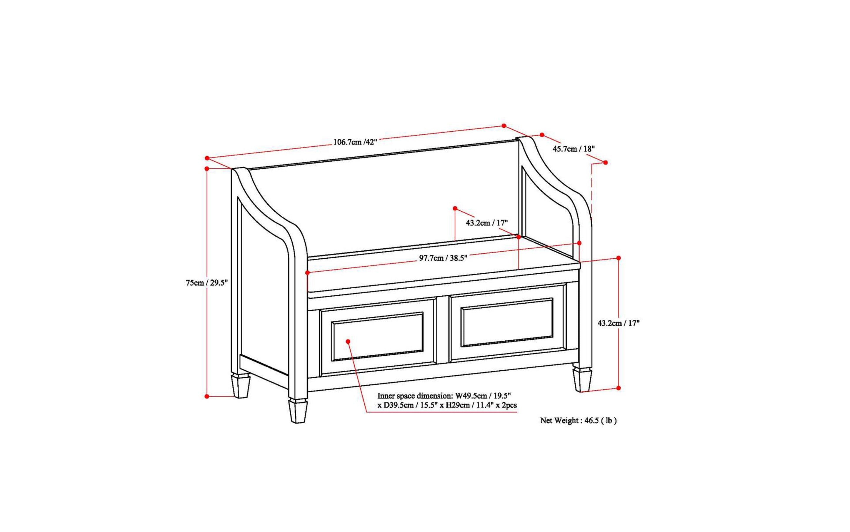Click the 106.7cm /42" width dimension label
coord(355,142)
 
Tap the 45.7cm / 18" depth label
coord(573,149)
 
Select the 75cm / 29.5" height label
coord(207,282)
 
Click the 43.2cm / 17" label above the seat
coord(487,223)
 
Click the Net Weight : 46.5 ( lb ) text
coord(578,421)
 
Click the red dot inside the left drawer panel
coord(348,341)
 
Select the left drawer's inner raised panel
coord(377,336)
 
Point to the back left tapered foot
coord(241,386)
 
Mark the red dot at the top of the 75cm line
coord(207,168)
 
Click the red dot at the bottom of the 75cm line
coord(207,396)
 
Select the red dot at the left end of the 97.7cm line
coord(307,273)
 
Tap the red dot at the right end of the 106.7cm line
coord(504,126)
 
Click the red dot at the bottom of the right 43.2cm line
coord(618,388)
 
